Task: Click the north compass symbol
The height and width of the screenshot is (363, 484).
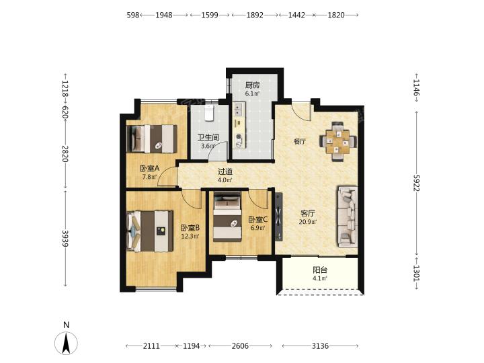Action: point(66,343)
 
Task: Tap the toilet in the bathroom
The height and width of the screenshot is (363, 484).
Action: point(210,113)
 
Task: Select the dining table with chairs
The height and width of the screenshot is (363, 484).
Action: point(337,142)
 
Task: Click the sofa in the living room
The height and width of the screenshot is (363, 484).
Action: point(348,217)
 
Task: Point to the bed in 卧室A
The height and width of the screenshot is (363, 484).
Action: point(151,138)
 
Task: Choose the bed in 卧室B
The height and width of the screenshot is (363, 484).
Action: point(150,231)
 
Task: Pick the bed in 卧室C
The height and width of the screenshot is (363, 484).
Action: point(227,216)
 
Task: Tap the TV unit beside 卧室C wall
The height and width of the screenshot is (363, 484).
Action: point(279,216)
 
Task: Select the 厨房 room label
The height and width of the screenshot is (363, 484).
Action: point(252,85)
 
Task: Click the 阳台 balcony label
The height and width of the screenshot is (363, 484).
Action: point(320,270)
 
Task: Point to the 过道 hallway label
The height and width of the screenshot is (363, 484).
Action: point(225,171)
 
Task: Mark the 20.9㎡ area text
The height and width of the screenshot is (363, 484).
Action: point(308,222)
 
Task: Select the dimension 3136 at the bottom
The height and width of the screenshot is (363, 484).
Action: point(320,346)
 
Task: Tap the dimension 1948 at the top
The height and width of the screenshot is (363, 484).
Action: point(163,15)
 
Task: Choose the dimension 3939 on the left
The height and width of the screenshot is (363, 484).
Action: point(65,238)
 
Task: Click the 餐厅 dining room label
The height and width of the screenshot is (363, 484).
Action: point(299,142)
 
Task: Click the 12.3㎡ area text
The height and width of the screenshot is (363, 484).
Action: point(190,237)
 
